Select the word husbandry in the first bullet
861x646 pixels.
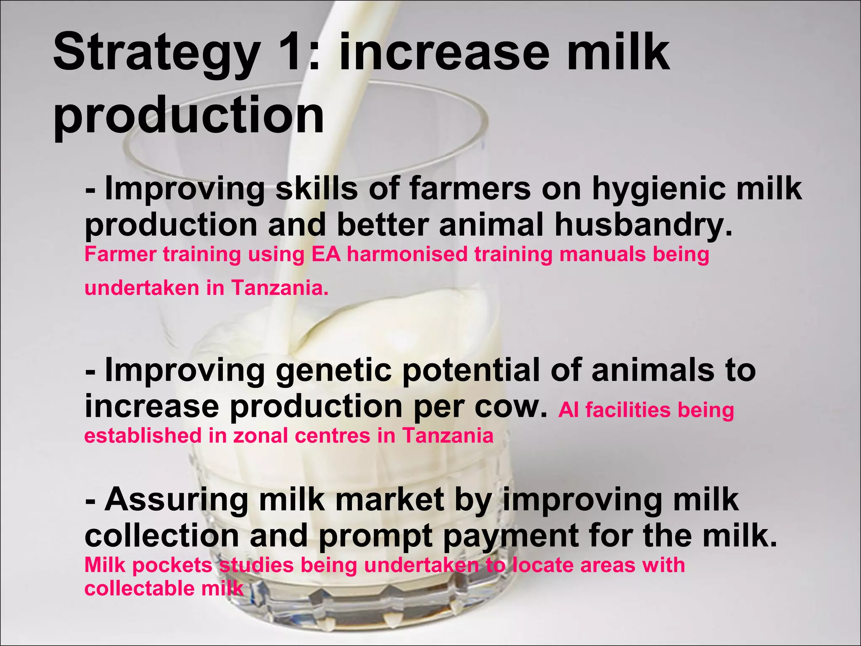point(643,225)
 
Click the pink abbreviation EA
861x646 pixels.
point(326,254)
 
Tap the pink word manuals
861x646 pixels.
point(602,254)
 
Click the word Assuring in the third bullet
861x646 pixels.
point(176,500)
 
